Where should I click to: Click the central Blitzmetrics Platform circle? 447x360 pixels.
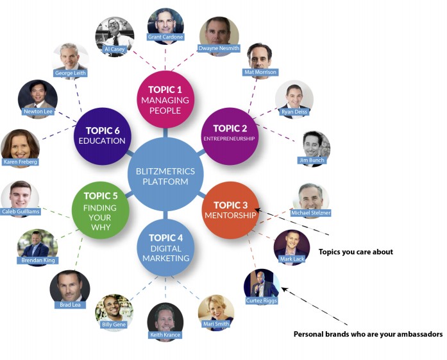tap(165, 175)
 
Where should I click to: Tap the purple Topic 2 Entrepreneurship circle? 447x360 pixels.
tap(229, 132)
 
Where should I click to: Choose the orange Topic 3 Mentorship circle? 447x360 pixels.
tap(229, 210)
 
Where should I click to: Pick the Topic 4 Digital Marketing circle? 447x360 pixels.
tap(165, 248)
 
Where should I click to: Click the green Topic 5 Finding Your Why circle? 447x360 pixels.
tap(101, 210)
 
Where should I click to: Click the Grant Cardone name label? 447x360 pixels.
tap(165, 37)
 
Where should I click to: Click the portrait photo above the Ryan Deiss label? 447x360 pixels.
tap(294, 98)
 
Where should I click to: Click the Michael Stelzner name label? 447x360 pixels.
tap(311, 212)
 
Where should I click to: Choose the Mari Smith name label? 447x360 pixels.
tap(217, 324)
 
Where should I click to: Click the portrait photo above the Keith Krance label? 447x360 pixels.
tap(165, 318)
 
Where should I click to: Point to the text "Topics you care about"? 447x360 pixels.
tap(355, 252)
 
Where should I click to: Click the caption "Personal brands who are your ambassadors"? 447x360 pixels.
tap(368, 334)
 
